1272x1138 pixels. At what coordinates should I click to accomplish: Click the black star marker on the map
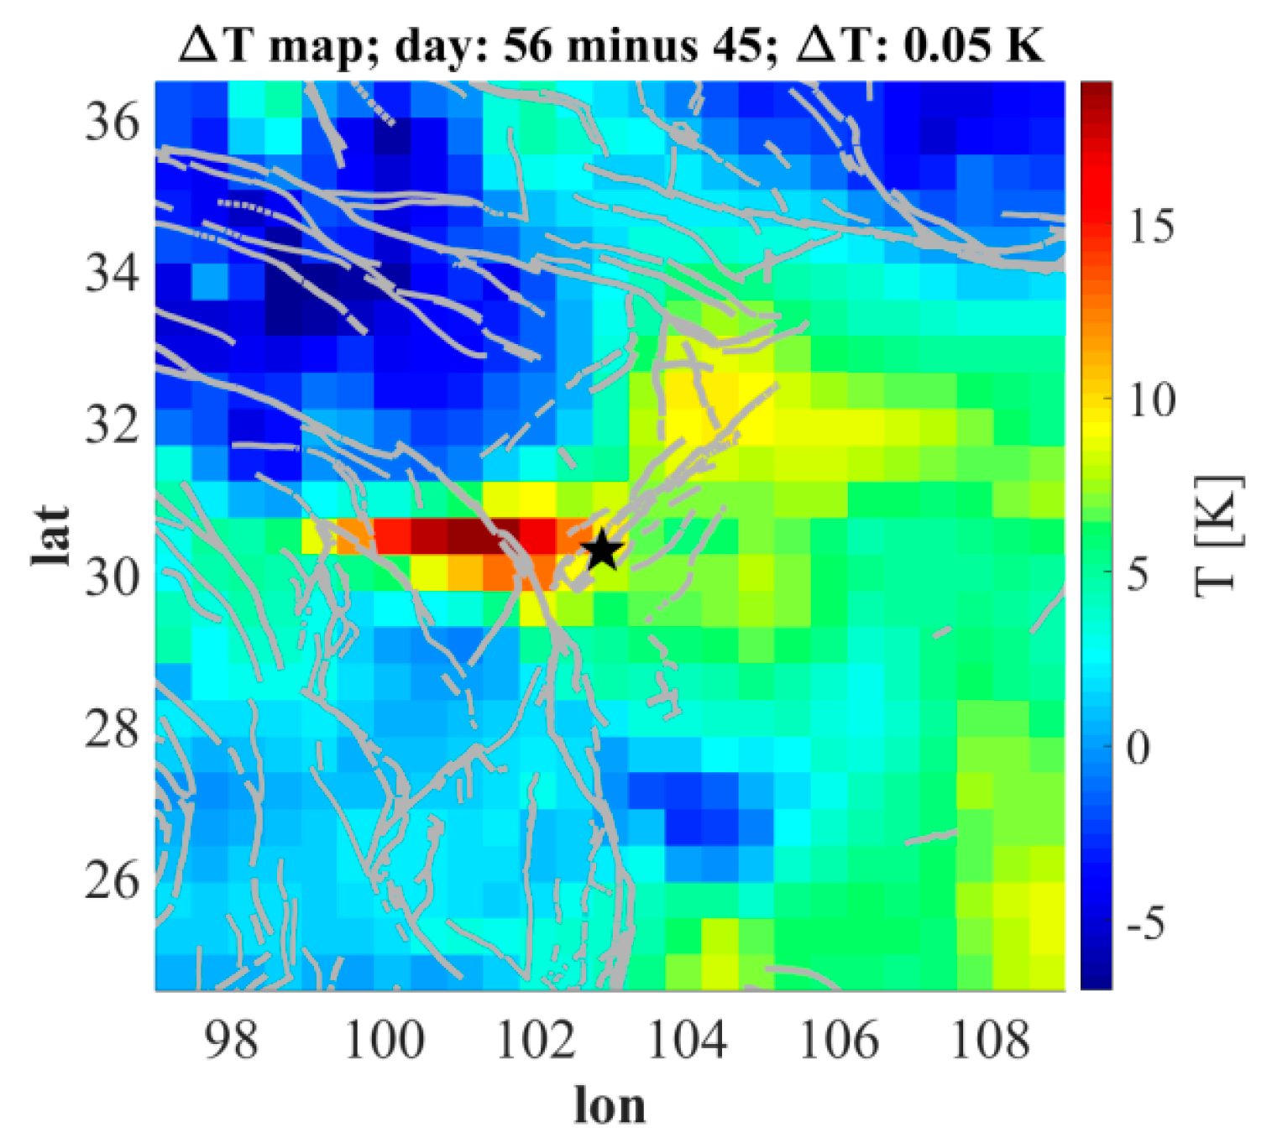603,551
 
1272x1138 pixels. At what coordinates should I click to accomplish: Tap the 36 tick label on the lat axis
112,123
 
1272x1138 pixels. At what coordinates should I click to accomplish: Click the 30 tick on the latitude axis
112,577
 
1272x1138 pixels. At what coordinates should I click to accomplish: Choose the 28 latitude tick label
112,728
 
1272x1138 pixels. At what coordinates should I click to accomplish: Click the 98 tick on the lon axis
232,1040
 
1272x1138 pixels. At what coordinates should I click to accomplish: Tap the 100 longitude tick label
384,1040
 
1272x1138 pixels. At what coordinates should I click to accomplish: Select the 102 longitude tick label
536,1040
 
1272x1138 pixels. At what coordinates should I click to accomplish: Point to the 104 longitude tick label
688,1040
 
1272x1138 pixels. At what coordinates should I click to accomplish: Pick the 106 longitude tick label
839,1040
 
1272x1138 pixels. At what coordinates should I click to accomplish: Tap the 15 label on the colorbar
1151,226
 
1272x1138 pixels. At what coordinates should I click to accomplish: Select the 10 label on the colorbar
1151,400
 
